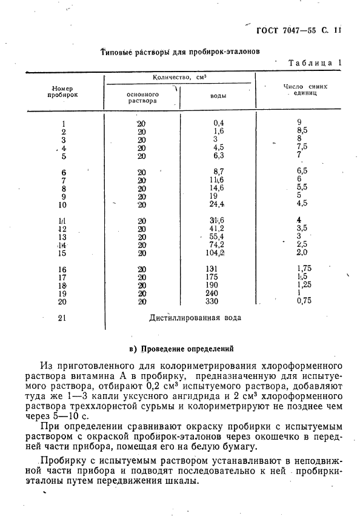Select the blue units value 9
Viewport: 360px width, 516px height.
(299, 122)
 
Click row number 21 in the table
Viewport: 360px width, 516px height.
(63, 318)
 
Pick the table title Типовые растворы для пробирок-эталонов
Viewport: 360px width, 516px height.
(180, 52)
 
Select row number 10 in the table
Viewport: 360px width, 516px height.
(63, 205)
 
